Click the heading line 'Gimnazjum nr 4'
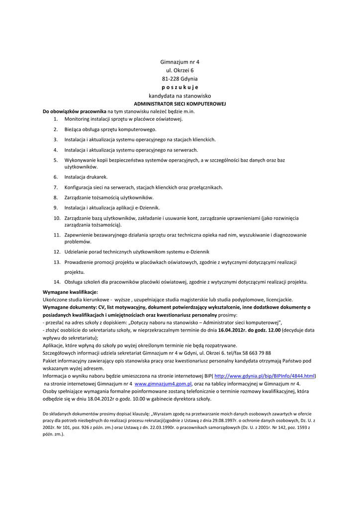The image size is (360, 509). tap(180, 62)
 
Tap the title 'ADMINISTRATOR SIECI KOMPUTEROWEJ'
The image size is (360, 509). tap(180, 103)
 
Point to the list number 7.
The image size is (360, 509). tap(56, 187)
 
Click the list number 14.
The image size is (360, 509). tap(57, 282)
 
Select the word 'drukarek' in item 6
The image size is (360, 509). tap(97, 177)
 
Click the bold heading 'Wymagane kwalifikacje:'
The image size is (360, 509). tap(70, 292)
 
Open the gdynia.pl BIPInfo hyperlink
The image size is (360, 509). tap(265, 376)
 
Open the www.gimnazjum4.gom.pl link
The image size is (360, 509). tap(163, 384)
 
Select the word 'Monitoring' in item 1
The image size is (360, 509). tap(77, 119)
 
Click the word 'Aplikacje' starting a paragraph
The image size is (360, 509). tap(54, 345)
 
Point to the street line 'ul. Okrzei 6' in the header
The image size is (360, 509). tap(180, 71)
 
